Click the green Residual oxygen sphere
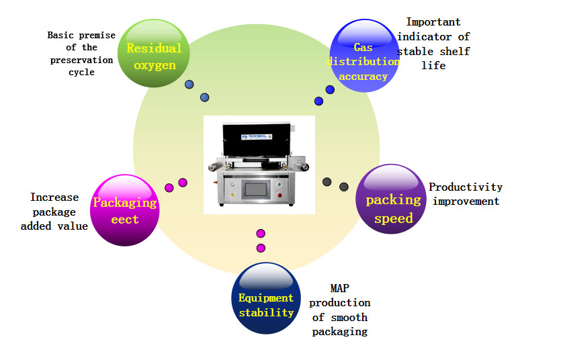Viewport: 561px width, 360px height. click(x=155, y=54)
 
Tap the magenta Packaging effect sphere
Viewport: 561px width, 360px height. click(x=124, y=210)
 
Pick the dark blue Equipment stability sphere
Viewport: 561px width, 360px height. click(x=266, y=298)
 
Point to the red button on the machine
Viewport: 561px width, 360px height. click(x=279, y=195)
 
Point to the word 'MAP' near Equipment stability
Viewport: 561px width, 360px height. click(x=339, y=289)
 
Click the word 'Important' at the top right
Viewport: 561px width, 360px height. click(x=433, y=22)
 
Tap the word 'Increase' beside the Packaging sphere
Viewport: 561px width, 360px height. click(x=54, y=197)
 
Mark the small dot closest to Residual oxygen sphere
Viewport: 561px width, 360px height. click(x=189, y=85)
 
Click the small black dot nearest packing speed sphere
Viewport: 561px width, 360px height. click(x=344, y=186)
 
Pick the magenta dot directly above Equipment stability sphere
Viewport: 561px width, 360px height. click(x=261, y=248)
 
